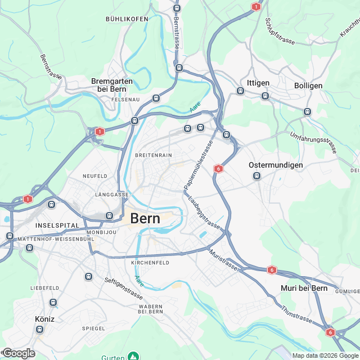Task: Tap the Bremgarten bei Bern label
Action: [x=112, y=85]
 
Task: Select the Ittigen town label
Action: [x=258, y=83]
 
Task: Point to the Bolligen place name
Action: [x=308, y=85]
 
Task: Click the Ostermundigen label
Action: [x=276, y=165]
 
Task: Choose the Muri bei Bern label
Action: [x=304, y=289]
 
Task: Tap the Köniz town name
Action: [x=44, y=318]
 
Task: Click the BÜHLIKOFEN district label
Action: [x=127, y=19]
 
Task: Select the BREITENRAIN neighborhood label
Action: [x=153, y=155]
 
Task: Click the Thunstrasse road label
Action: [x=296, y=310]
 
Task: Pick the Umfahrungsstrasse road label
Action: [x=314, y=141]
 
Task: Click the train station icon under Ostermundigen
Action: [x=256, y=175]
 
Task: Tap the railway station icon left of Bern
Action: [x=110, y=216]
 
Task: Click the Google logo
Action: [x=19, y=353]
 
